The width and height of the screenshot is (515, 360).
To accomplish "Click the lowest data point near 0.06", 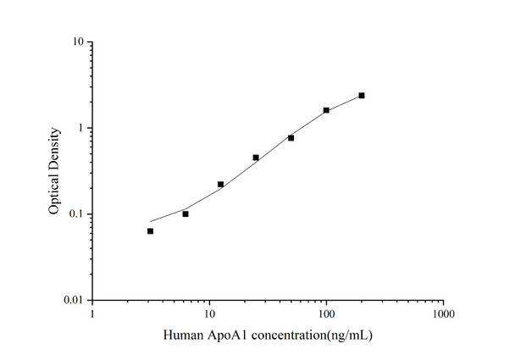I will pyautogui.click(x=150, y=230).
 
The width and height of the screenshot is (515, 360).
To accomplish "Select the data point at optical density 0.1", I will pyautogui.click(x=186, y=213).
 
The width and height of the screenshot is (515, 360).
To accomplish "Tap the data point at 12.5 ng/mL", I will pyautogui.click(x=220, y=184).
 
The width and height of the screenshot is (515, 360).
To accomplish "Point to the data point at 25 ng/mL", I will pyautogui.click(x=256, y=158).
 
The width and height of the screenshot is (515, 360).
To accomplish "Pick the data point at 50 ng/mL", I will pyautogui.click(x=291, y=137).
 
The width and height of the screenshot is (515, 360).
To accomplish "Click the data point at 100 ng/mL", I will pyautogui.click(x=326, y=110).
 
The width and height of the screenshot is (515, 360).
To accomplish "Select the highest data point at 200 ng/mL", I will pyautogui.click(x=362, y=96).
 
